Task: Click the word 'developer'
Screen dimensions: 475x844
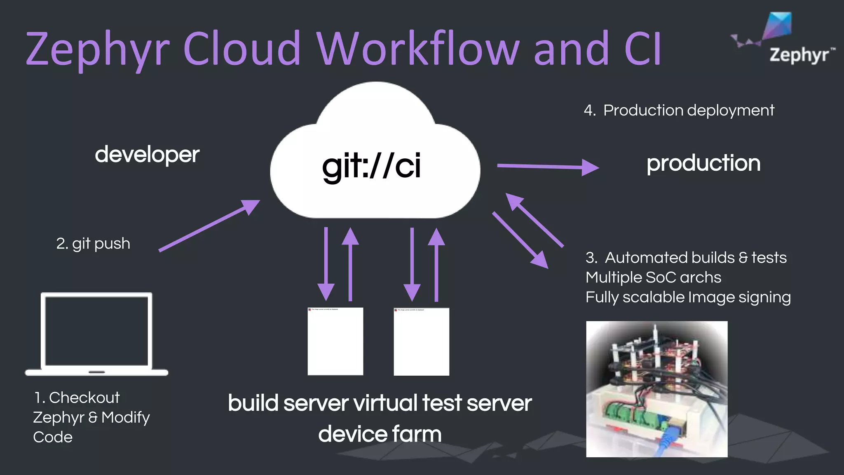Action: pos(147,155)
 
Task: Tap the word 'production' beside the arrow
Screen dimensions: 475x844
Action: pos(703,163)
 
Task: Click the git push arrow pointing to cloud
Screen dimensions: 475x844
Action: pos(209,226)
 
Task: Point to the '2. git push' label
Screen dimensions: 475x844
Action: pos(93,243)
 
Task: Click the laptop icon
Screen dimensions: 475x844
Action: pos(96,334)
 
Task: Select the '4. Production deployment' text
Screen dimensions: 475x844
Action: pos(679,111)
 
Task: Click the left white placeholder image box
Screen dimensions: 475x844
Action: pos(335,341)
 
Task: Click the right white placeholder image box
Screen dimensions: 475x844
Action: pos(421,341)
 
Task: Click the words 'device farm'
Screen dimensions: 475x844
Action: pos(380,434)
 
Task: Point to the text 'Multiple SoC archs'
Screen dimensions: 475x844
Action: pos(653,277)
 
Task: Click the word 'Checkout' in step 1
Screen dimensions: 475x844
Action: pos(84,398)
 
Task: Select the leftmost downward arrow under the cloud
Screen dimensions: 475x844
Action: pos(326,264)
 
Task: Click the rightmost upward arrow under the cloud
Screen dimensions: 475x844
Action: pos(436,264)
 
